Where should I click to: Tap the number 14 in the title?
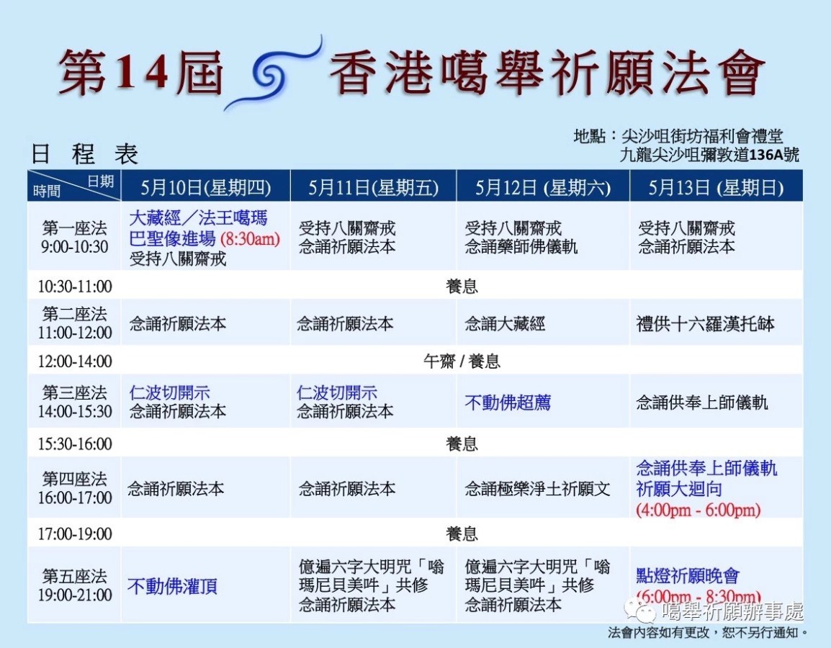coord(145,73)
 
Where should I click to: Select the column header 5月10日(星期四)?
coord(206,188)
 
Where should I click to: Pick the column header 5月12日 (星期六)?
coord(543,188)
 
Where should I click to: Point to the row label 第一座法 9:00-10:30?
coord(74,237)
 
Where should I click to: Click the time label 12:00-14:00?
coord(75,361)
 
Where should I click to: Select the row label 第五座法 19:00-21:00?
coord(75,585)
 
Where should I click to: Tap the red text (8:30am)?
coord(250,239)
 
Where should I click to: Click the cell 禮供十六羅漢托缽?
coord(705,324)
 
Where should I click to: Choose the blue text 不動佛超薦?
coord(507,402)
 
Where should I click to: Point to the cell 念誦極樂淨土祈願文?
coord(537,489)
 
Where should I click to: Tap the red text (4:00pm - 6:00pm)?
coord(698,510)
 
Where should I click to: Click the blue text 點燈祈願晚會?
coord(688,576)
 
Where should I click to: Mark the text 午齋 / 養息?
coord(462,361)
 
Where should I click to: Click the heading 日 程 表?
coord(84,154)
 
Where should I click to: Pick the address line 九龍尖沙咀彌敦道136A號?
coord(711,155)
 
